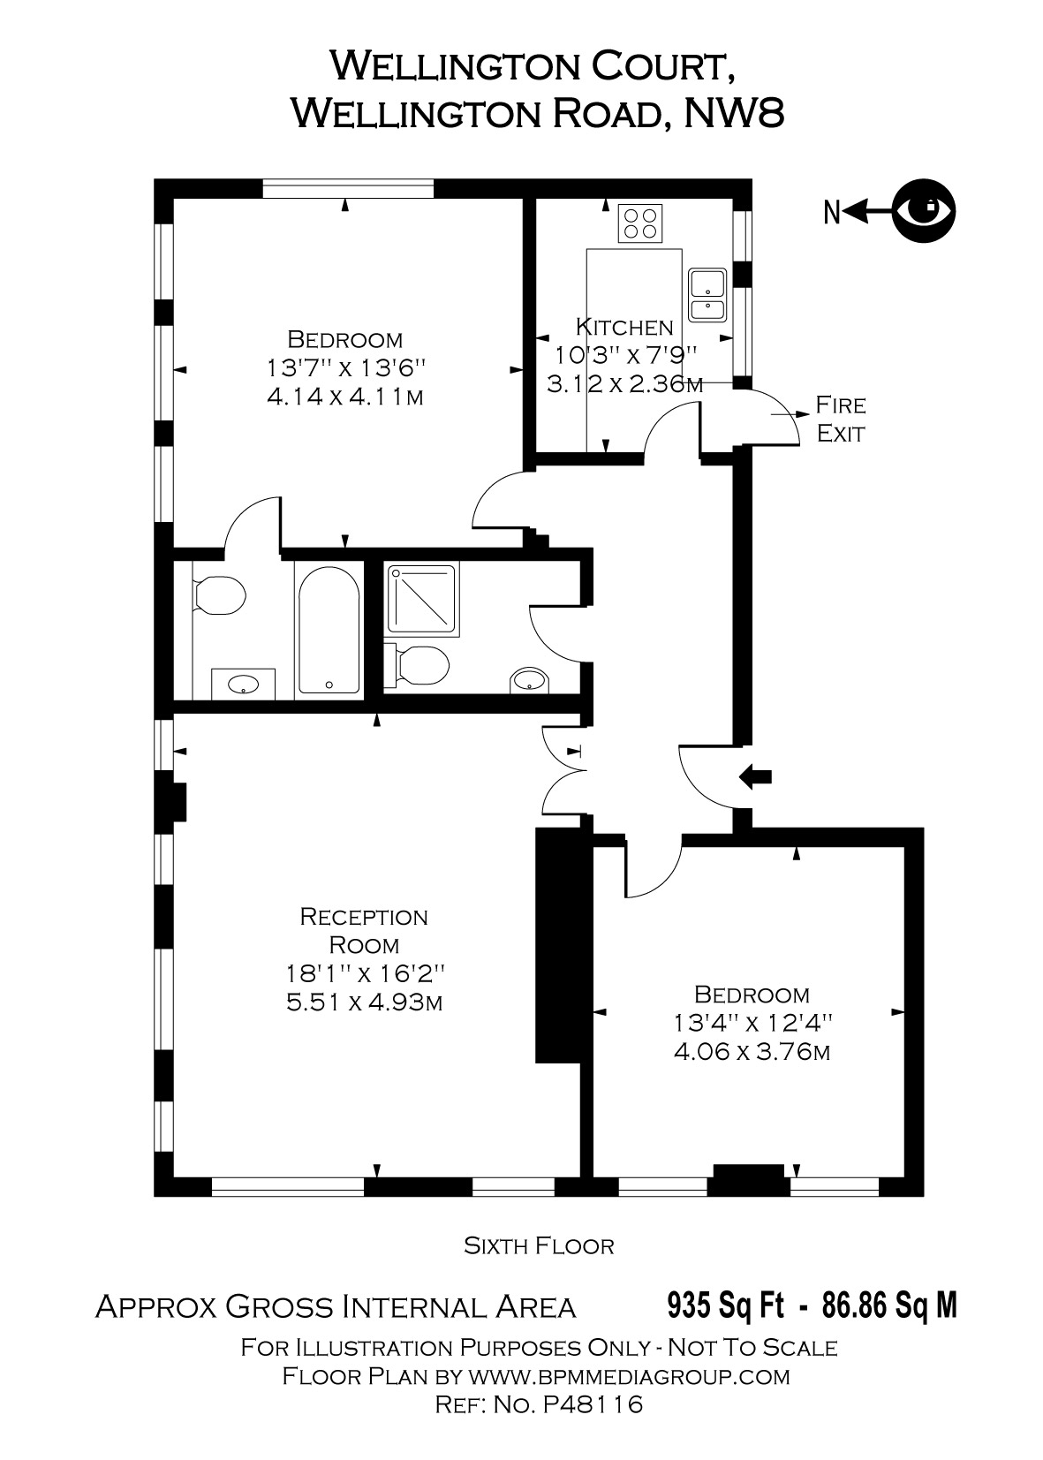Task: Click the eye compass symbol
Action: (x=923, y=211)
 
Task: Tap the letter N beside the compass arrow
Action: (x=830, y=213)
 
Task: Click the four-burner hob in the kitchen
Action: (x=640, y=223)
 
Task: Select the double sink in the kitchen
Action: (x=707, y=295)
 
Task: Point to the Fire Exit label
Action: (x=840, y=420)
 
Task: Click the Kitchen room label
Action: (x=624, y=328)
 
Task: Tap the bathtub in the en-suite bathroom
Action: (x=329, y=629)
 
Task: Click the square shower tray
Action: (x=422, y=599)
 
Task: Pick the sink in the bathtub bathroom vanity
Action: (x=242, y=684)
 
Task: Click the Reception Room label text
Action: (x=364, y=930)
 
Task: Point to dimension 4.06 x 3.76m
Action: (x=751, y=1052)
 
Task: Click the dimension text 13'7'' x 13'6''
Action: (x=345, y=367)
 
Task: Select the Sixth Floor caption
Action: (x=539, y=1246)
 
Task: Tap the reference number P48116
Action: (x=593, y=1404)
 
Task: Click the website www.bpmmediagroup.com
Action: (x=628, y=1376)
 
